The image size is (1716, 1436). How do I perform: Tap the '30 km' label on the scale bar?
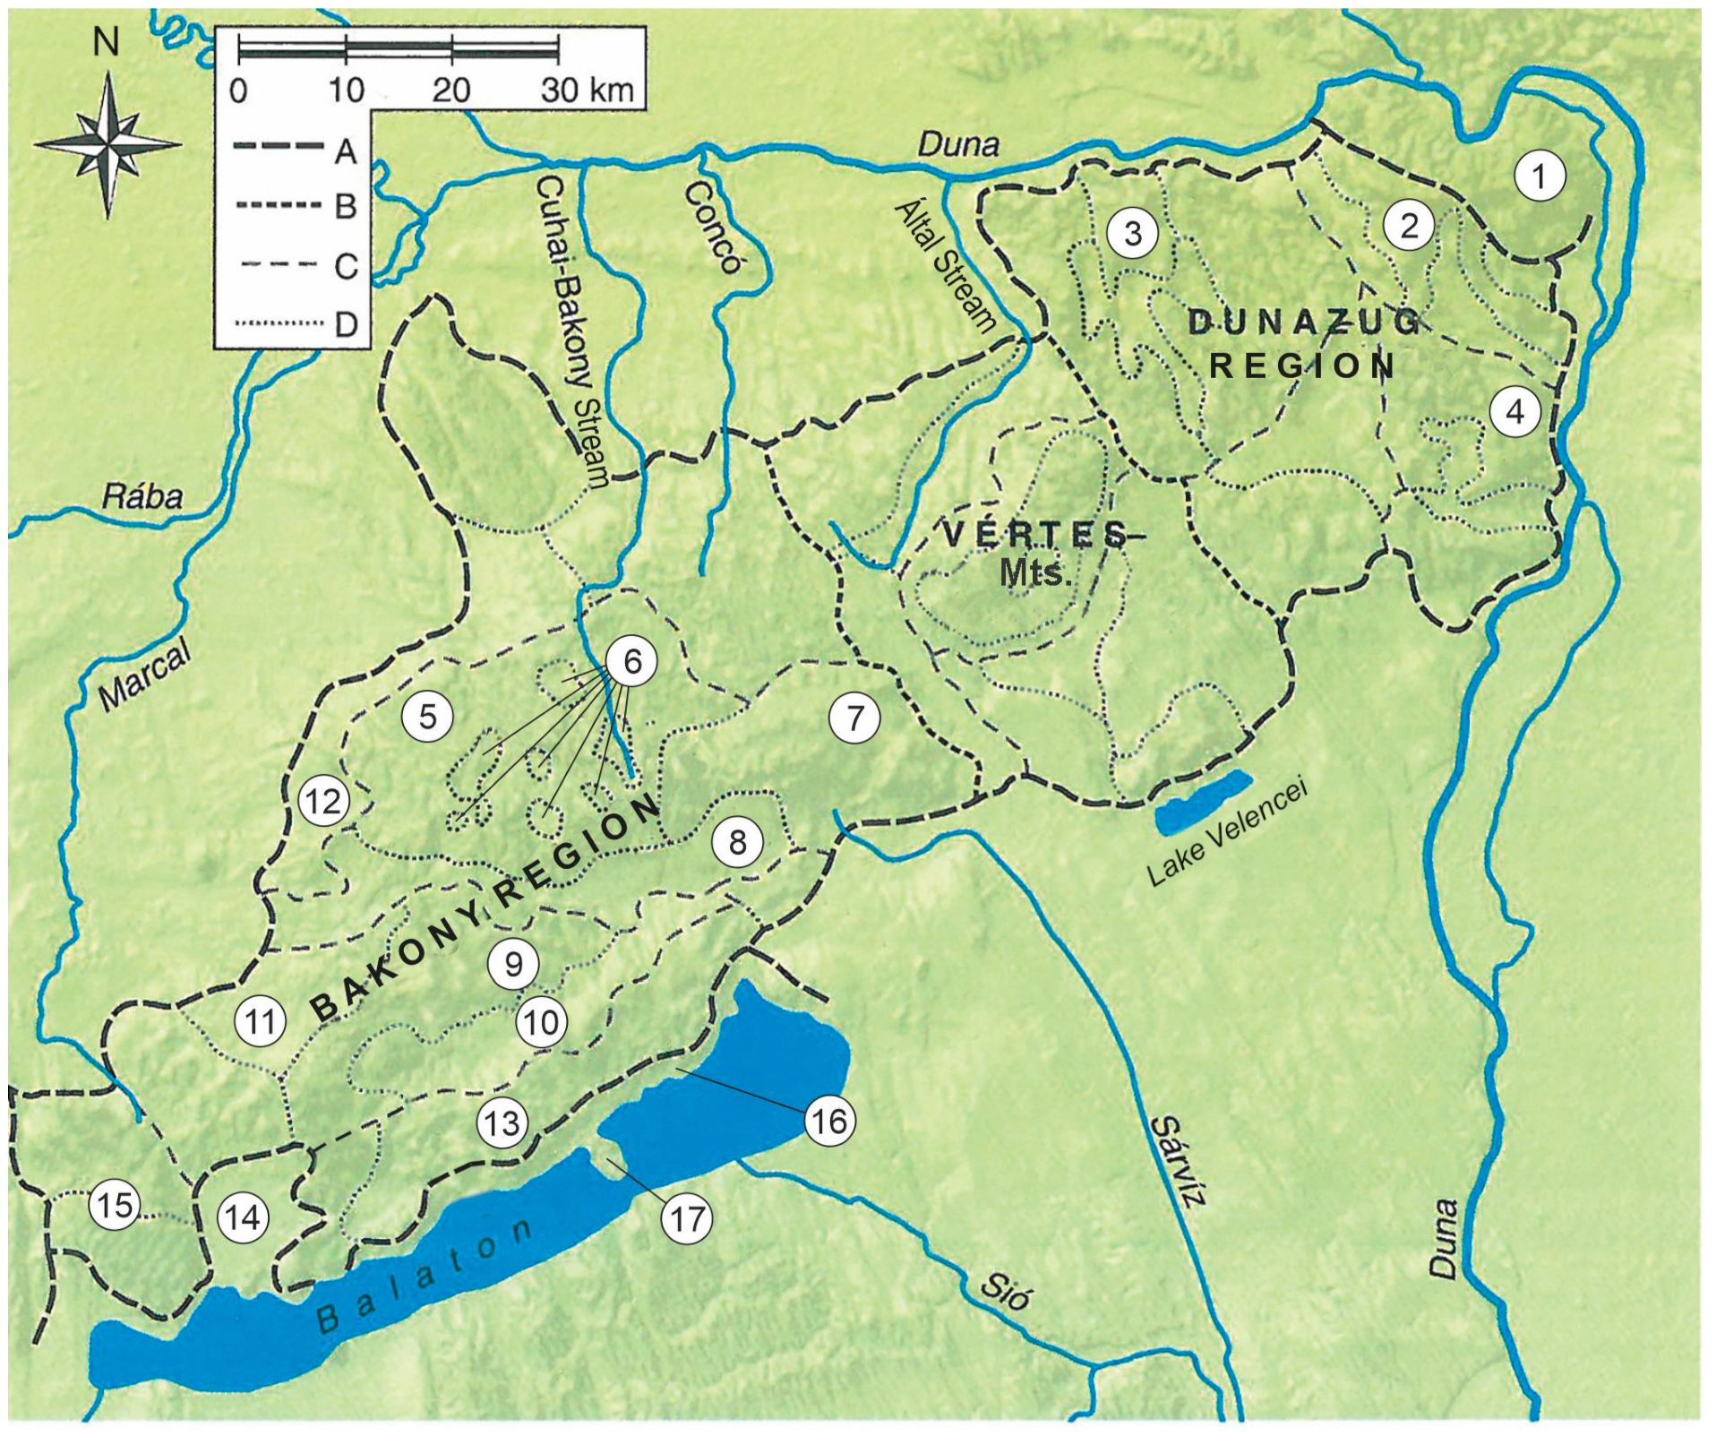[x=588, y=90]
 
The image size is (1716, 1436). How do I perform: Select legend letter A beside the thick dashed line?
[x=346, y=151]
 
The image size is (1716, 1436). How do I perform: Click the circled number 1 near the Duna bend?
[x=1540, y=176]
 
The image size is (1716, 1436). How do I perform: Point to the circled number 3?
[x=1133, y=233]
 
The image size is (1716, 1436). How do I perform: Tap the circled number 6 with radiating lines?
[x=632, y=661]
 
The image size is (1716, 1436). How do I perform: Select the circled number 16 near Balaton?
[x=828, y=1120]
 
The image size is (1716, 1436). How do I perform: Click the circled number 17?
[x=687, y=1218]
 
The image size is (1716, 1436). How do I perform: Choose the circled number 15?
[x=116, y=1205]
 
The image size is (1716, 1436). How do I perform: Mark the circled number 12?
[x=323, y=800]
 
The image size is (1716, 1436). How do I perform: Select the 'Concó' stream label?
[x=713, y=227]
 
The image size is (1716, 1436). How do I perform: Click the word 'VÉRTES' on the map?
[x=1034, y=535]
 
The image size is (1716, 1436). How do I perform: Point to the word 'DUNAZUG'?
[x=1304, y=322]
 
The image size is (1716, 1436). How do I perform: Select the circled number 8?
[x=737, y=842]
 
